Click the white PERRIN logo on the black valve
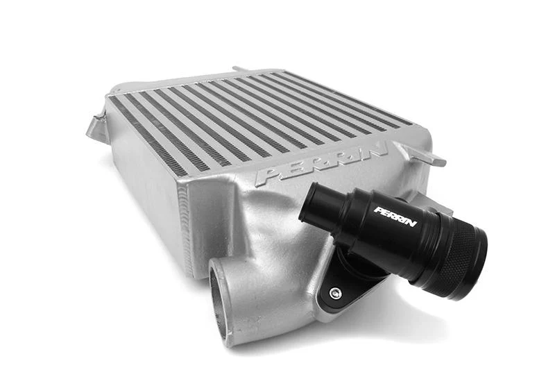396,216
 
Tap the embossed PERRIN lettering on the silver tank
320,164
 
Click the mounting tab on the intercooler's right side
427,154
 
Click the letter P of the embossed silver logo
267,176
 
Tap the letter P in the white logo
377,210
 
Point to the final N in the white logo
413,223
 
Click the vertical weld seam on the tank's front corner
185,222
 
